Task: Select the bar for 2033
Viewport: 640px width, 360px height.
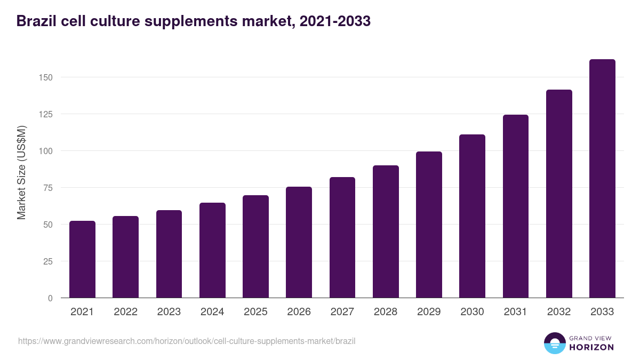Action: (x=602, y=179)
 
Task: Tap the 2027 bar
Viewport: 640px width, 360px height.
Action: (x=342, y=237)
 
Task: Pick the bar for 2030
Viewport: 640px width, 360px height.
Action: (x=472, y=216)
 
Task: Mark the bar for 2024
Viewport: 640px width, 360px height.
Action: (x=212, y=250)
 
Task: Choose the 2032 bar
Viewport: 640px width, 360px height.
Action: (x=559, y=194)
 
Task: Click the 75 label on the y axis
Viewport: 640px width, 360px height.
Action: (x=49, y=188)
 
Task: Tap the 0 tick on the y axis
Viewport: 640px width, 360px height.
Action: (x=51, y=298)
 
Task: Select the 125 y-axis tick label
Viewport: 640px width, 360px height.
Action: (x=46, y=114)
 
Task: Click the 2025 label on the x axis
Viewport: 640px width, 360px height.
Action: (x=255, y=312)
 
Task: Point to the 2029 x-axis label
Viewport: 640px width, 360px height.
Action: (x=429, y=312)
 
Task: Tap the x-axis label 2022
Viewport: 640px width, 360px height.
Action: (x=125, y=312)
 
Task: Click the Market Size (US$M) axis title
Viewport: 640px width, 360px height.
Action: (x=21, y=172)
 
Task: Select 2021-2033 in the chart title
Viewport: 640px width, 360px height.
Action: (x=335, y=21)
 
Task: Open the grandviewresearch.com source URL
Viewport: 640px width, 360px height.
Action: (x=187, y=341)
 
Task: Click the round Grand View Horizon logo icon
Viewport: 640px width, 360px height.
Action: (x=554, y=343)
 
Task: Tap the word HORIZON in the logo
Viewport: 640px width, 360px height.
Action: (x=591, y=347)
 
